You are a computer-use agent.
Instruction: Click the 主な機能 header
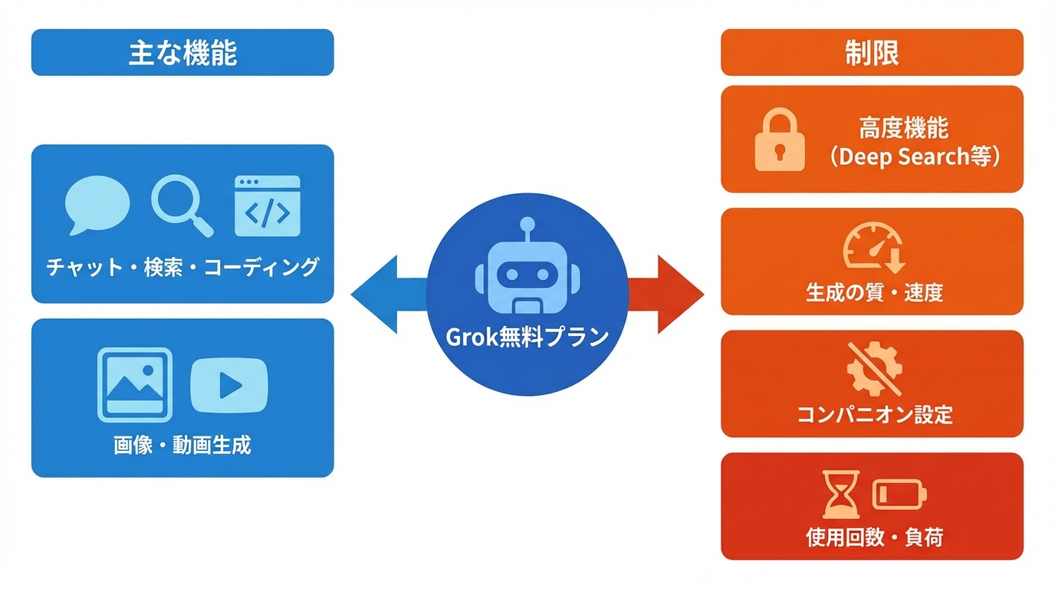tap(182, 53)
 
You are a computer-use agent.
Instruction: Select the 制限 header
tap(872, 53)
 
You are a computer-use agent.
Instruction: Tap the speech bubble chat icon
tap(97, 205)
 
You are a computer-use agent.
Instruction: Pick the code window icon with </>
tap(267, 206)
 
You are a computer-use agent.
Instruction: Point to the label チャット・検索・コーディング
tap(182, 267)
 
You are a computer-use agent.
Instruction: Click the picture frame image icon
tap(135, 385)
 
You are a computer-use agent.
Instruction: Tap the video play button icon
tap(228, 386)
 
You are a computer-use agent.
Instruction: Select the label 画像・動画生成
tap(182, 445)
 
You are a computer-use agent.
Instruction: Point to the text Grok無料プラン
tap(527, 336)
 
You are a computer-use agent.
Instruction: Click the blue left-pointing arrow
tap(383, 294)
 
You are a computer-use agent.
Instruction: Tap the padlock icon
tap(780, 140)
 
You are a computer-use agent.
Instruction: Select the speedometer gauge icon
tap(873, 248)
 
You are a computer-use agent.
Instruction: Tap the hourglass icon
tap(841, 495)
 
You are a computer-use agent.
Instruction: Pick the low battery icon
tap(900, 495)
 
